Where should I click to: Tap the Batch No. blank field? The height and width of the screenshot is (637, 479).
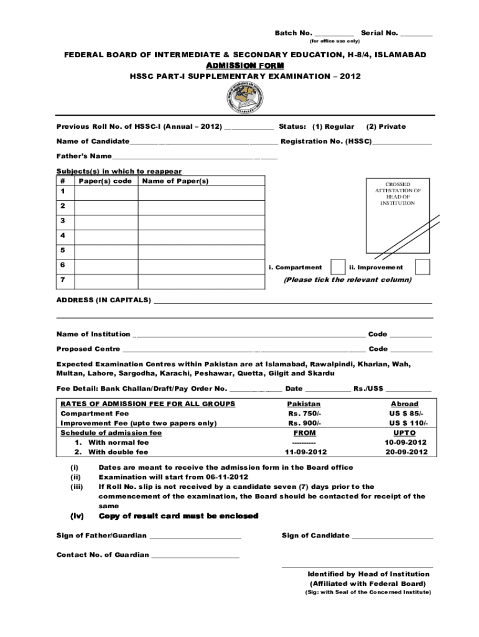pyautogui.click(x=335, y=34)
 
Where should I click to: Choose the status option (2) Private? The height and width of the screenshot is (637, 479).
pyautogui.click(x=386, y=126)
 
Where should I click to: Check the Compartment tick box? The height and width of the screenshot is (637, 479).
pyautogui.click(x=338, y=267)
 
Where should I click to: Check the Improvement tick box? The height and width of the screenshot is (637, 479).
pyautogui.click(x=422, y=267)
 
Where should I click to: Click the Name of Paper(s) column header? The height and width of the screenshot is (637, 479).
pyautogui.click(x=175, y=181)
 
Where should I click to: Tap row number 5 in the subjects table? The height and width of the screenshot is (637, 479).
pyautogui.click(x=62, y=250)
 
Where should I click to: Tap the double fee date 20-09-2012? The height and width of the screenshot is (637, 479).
pyautogui.click(x=406, y=452)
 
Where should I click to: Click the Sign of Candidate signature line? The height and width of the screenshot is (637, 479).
pyautogui.click(x=393, y=537)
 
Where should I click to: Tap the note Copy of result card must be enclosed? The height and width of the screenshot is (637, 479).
pyautogui.click(x=178, y=516)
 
